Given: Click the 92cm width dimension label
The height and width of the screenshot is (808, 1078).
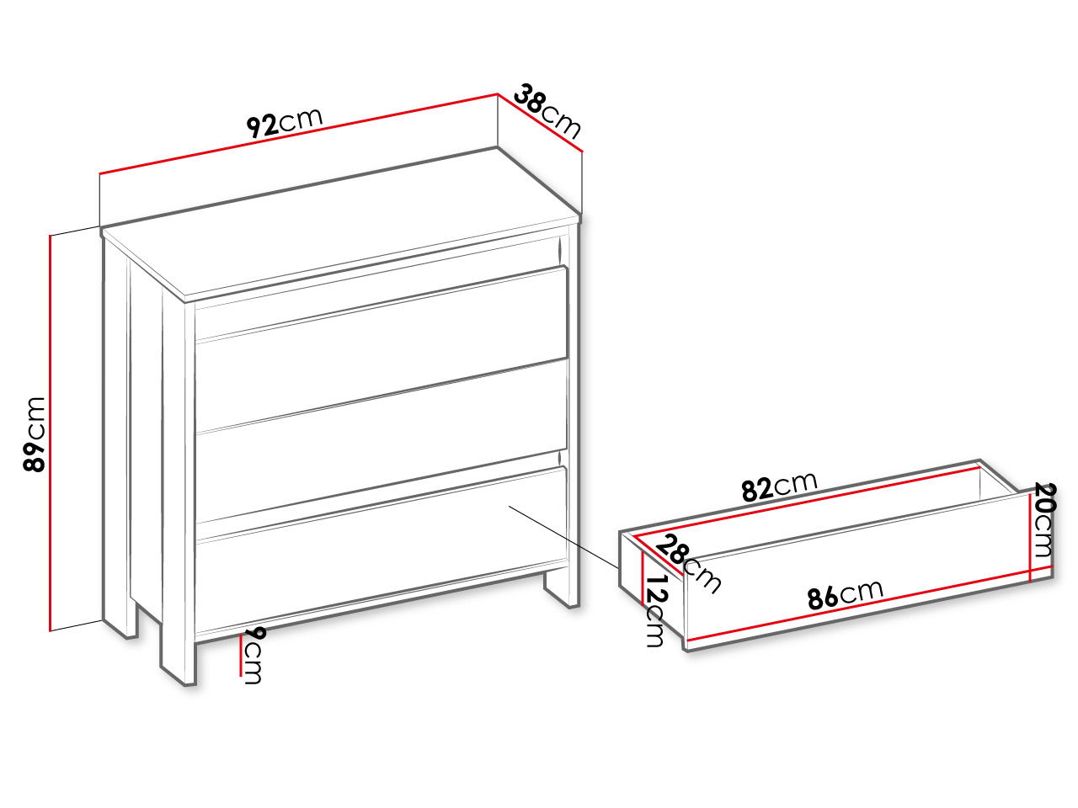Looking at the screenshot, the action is (285, 123).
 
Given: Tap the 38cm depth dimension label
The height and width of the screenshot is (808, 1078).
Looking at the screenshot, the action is (547, 112).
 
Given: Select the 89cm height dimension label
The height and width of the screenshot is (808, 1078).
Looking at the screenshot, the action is (35, 434).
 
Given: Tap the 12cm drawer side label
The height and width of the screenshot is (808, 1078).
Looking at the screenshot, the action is (655, 611).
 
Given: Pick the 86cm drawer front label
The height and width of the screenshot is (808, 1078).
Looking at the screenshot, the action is (846, 594).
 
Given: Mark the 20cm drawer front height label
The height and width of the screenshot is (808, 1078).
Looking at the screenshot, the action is (1044, 520).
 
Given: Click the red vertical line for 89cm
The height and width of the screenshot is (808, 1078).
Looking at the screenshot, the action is (50, 433).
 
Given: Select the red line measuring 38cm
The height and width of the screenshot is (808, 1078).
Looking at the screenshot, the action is (540, 123).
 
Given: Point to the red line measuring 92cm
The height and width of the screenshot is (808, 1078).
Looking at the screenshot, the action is (299, 134).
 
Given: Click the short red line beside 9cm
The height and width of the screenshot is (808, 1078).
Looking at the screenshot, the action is (241, 656).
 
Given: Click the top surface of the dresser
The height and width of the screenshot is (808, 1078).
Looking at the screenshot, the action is (341, 224).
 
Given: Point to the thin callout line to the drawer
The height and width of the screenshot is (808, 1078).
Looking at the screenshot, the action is (563, 537).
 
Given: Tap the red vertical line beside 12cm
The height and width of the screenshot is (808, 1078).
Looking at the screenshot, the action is (643, 579).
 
